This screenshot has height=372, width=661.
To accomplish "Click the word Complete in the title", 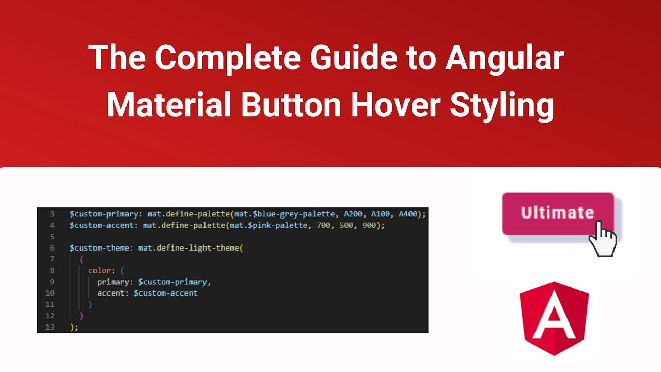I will (228, 57).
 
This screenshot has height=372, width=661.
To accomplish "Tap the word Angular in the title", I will (505, 57).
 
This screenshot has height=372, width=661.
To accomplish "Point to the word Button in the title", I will (291, 105).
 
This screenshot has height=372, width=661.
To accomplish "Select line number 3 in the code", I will (52, 214).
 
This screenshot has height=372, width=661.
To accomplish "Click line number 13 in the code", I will (50, 327).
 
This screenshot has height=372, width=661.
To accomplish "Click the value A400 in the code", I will (407, 214).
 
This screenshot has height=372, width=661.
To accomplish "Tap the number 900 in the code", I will (369, 225).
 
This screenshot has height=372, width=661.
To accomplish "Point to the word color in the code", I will (99, 270).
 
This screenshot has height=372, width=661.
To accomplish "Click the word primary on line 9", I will (113, 282).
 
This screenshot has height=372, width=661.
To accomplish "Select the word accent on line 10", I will (111, 293).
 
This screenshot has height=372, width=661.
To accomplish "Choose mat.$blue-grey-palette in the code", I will (284, 214).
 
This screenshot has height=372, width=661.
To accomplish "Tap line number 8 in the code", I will (52, 270).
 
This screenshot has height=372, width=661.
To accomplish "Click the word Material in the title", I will (168, 105).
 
